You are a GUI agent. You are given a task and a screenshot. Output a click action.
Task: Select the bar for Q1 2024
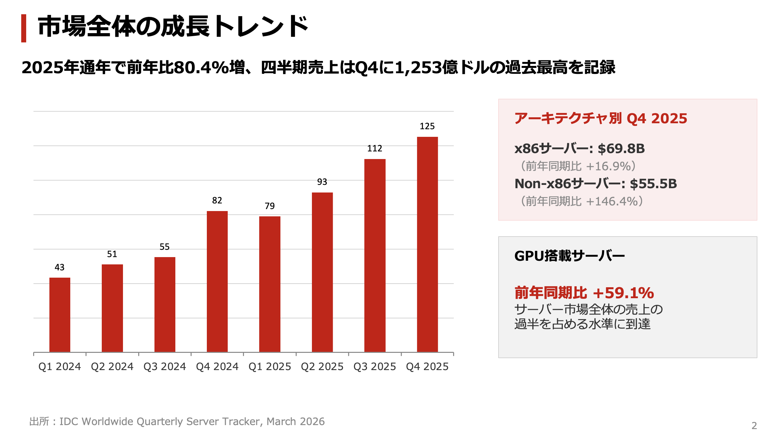(x=60, y=315)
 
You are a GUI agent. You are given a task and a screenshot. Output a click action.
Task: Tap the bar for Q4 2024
(x=217, y=282)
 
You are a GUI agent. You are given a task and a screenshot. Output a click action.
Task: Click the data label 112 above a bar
(x=375, y=148)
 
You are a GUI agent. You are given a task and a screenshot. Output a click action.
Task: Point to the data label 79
(x=269, y=206)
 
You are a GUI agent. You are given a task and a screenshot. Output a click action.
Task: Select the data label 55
(x=164, y=247)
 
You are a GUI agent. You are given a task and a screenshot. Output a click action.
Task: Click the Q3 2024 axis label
(x=164, y=366)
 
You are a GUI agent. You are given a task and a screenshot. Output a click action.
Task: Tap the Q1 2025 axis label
(x=269, y=366)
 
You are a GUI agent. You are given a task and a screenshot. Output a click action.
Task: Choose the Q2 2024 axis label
(x=112, y=366)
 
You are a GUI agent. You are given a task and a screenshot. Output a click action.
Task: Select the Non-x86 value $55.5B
(x=653, y=184)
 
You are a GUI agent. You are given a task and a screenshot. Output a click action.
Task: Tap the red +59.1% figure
(x=623, y=293)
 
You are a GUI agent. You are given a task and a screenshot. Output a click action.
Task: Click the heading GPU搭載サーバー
(x=569, y=256)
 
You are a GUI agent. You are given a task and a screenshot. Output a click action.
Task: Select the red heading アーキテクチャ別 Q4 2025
(x=600, y=119)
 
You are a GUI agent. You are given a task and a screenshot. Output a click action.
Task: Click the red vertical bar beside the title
(x=24, y=28)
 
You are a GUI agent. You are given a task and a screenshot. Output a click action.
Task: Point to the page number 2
(x=754, y=426)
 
